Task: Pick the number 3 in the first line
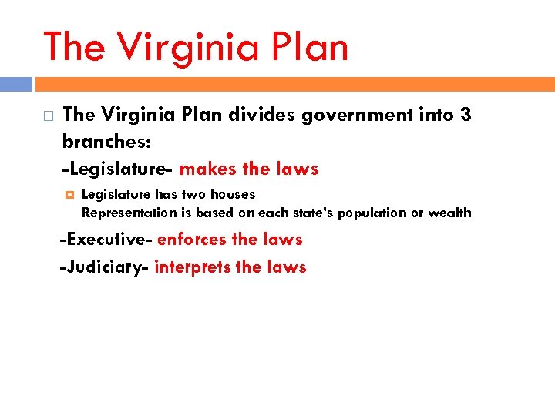pyautogui.click(x=465, y=116)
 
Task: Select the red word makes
pyautogui.click(x=203, y=169)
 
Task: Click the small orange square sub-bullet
pyautogui.click(x=69, y=194)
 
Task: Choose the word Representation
pyautogui.click(x=129, y=213)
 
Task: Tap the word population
pyautogui.click(x=361, y=213)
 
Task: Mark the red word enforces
pyautogui.click(x=192, y=240)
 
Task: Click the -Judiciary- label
pyautogui.click(x=106, y=267)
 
